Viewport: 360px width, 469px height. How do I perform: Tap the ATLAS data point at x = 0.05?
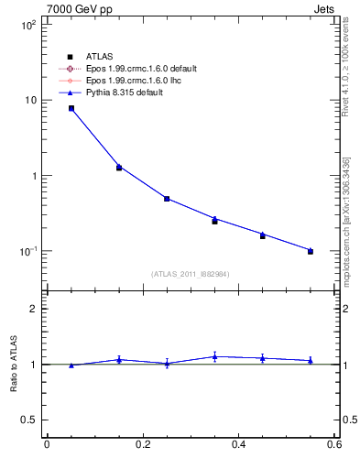coord(71,108)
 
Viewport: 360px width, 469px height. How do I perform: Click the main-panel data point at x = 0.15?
coord(119,168)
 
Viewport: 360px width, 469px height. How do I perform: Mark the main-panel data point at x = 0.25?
coord(167,199)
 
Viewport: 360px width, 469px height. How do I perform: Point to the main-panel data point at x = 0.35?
coord(214,221)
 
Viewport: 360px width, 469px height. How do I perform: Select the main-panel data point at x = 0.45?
coord(263,235)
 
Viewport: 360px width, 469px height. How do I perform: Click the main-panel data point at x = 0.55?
coord(311,251)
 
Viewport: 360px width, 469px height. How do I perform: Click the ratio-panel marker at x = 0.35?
coord(214,356)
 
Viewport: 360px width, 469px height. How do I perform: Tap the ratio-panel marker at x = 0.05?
coord(71,365)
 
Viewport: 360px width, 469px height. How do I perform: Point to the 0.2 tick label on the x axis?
coord(142,445)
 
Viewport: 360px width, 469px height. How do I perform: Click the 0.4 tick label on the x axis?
coord(238,445)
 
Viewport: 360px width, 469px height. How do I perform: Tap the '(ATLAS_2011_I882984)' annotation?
coord(191,273)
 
